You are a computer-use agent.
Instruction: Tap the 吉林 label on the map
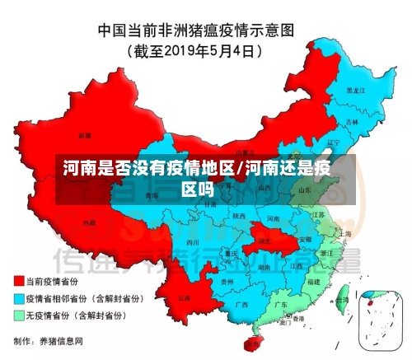[x=353, y=121]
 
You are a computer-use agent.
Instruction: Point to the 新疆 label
[x=85, y=134]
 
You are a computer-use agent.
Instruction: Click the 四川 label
[x=192, y=243]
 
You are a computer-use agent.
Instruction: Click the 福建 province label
[x=313, y=280]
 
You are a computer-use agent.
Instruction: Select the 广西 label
[x=241, y=304]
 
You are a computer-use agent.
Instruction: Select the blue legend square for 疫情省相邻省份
[x=18, y=298]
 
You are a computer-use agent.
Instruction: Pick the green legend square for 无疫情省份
[x=18, y=315]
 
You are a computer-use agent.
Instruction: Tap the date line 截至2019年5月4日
[x=195, y=51]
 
